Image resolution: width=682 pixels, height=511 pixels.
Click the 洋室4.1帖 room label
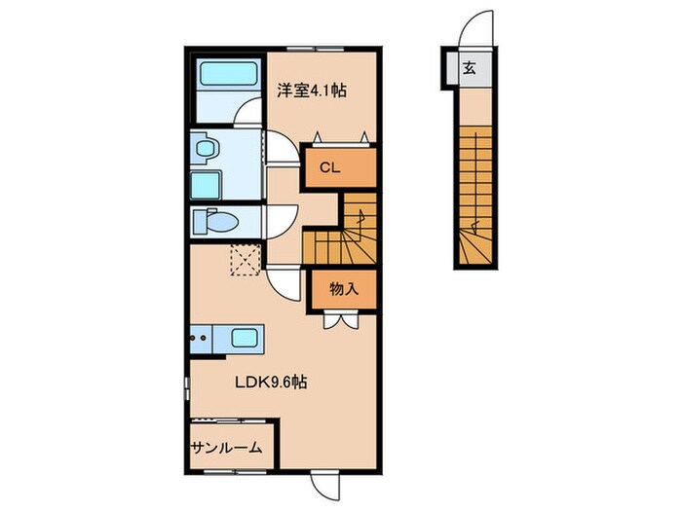[311, 91]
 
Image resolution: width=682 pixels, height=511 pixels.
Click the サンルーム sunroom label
[226, 448]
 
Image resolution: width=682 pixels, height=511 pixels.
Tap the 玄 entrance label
[470, 69]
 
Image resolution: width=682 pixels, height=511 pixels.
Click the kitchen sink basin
[245, 339]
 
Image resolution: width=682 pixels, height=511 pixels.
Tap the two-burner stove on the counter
[202, 339]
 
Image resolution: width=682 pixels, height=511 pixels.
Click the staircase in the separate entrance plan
[475, 195]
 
